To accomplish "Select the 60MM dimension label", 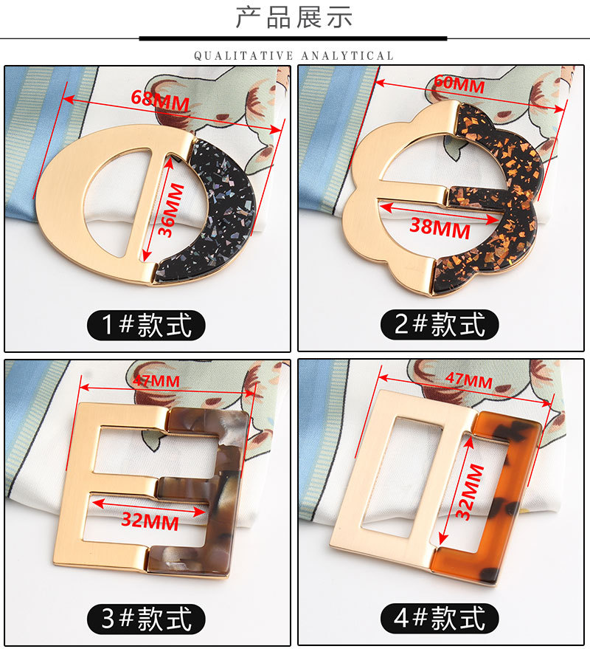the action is point(459,83).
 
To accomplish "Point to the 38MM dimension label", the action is point(440,228).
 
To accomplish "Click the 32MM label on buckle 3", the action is point(150,521).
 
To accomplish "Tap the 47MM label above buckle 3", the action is point(156,380).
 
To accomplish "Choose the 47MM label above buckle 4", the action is point(469,380).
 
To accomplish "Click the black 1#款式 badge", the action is point(146,326).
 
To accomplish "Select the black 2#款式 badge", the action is point(440,325).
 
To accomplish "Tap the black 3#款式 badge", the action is point(146,619).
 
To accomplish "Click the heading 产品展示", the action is point(294,18).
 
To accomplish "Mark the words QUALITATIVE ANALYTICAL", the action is point(294,55).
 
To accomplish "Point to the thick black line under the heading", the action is point(293,39).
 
